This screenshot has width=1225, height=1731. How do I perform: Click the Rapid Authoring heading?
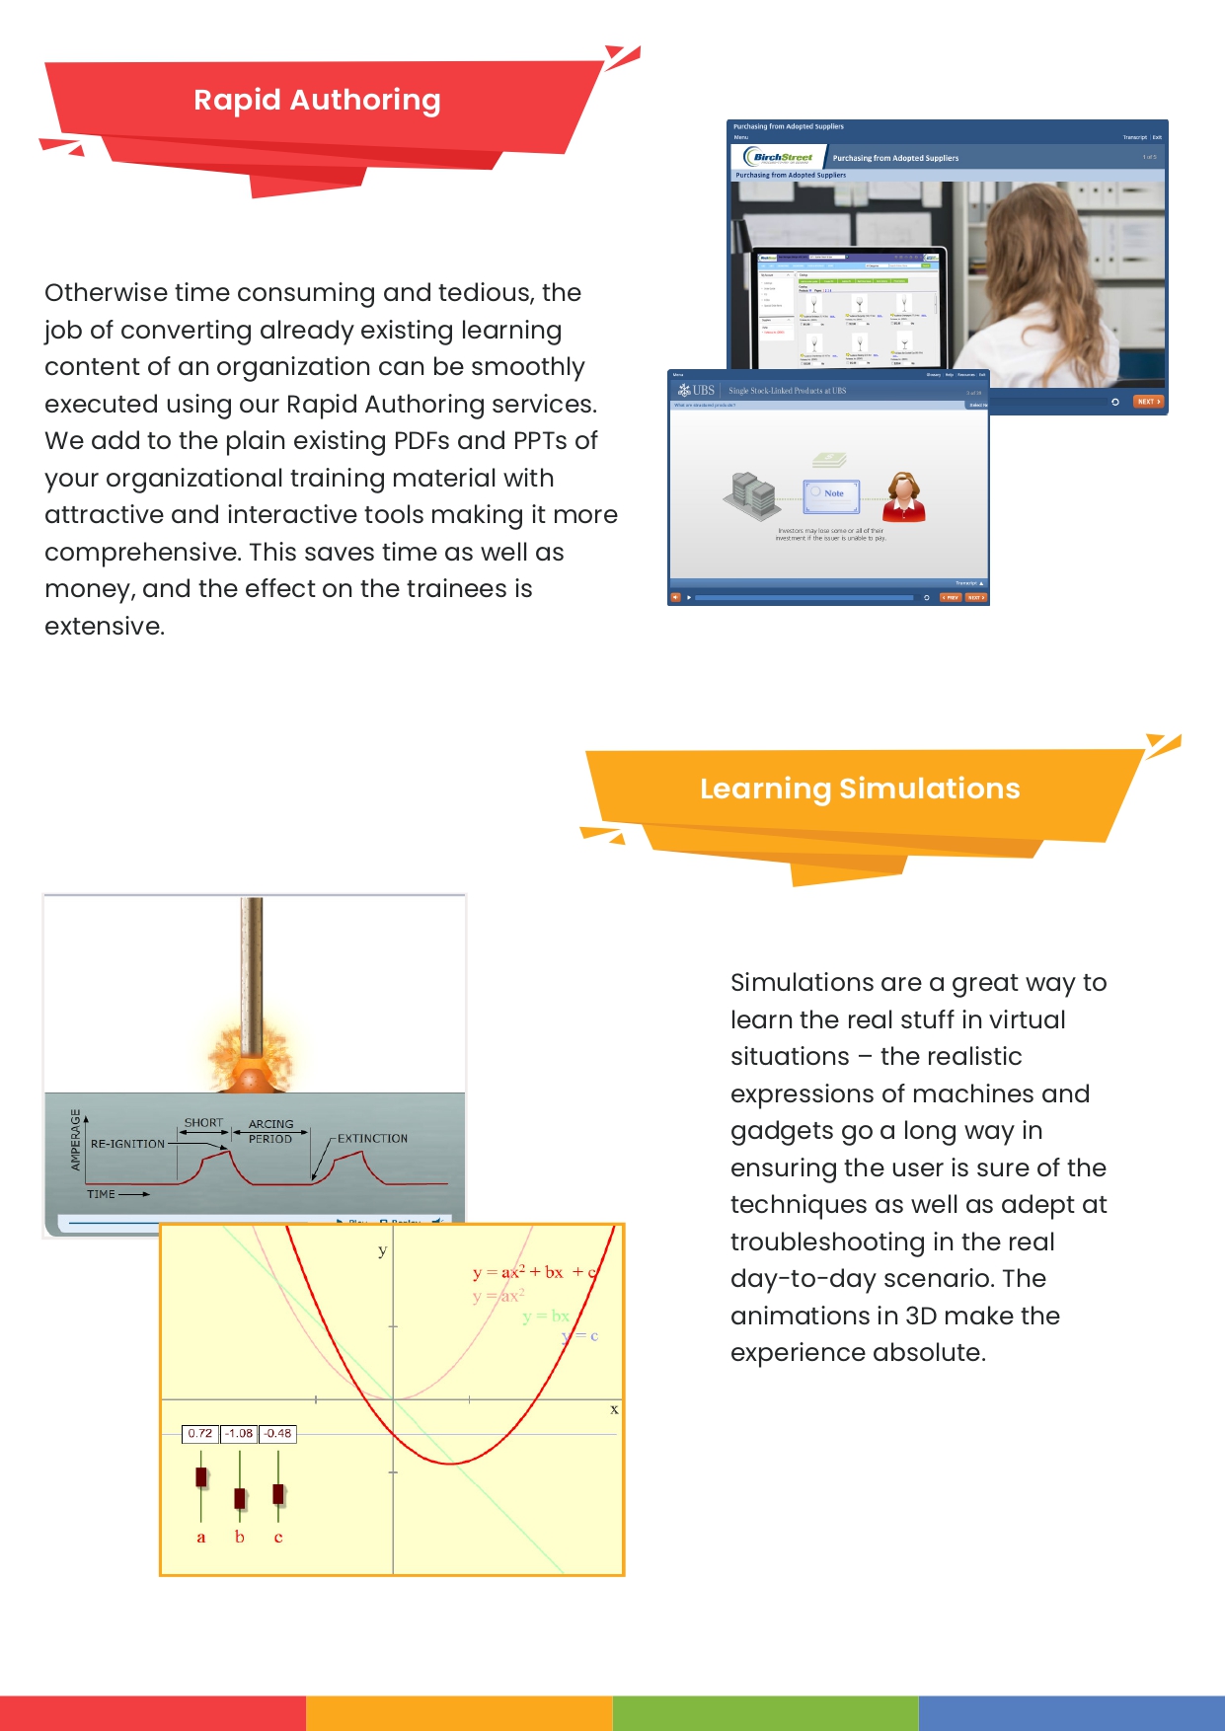tap(317, 100)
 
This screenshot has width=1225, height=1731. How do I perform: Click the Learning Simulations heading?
tap(860, 789)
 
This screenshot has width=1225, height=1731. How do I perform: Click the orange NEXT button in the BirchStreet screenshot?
tap(1148, 402)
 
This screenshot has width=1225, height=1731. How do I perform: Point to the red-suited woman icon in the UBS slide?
tap(903, 495)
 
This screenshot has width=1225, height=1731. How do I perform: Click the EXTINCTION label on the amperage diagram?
tap(372, 1139)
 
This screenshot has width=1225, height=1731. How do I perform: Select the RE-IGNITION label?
tap(127, 1145)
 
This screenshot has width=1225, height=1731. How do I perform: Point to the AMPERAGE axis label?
tap(76, 1140)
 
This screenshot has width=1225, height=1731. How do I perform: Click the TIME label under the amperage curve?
tap(101, 1194)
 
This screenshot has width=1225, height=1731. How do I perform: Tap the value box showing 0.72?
tap(200, 1434)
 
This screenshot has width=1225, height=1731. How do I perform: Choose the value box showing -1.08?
tap(239, 1434)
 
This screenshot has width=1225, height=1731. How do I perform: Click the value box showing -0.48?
tap(277, 1434)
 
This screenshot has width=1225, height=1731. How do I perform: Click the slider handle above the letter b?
tap(240, 1498)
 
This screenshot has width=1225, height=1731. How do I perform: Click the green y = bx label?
tap(546, 1317)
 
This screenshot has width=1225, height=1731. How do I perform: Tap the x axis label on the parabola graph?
tap(614, 1409)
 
